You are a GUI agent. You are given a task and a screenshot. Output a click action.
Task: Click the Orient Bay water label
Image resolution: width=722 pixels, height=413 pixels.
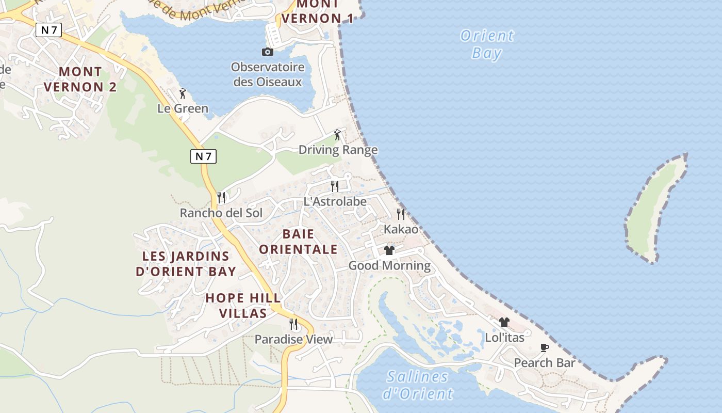[487, 44]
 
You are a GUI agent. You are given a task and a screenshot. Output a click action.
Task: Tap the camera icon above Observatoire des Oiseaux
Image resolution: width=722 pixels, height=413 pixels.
[267, 52]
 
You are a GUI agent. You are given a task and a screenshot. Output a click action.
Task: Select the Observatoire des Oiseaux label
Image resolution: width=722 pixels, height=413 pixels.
[267, 74]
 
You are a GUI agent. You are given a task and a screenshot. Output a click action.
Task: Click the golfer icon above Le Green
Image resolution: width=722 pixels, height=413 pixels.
[182, 93]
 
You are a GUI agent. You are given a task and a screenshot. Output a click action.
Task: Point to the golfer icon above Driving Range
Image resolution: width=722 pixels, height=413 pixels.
[337, 135]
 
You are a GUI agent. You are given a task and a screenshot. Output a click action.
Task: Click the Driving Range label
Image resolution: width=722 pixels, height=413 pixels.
[338, 150]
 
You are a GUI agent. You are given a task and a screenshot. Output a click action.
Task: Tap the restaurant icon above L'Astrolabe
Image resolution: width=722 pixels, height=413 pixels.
[335, 186]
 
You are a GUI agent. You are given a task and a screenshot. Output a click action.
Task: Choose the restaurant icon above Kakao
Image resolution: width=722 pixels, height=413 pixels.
[400, 214]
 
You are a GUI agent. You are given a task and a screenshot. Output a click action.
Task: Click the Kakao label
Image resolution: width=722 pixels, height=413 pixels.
[401, 229]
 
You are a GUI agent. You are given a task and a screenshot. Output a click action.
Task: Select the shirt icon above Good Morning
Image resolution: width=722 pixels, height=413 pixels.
[389, 250]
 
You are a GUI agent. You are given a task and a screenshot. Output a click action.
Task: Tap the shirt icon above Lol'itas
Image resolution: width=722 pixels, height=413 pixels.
[504, 322]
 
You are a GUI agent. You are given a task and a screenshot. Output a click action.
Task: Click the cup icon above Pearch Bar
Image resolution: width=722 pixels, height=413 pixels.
[544, 347]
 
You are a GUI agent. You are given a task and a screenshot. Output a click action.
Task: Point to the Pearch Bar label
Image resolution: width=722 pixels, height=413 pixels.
[544, 363]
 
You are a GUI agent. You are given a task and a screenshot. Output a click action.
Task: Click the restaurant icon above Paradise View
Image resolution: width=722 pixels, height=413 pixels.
[293, 324]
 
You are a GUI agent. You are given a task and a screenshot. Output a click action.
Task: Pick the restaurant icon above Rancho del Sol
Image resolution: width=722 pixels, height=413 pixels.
[221, 197]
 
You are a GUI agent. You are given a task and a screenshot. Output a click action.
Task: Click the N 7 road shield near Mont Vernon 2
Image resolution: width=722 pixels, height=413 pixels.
[48, 30]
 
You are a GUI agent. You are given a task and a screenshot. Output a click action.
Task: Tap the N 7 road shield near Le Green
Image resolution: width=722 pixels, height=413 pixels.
[203, 156]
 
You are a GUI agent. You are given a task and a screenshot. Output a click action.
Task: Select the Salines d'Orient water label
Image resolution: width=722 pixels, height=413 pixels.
[417, 385]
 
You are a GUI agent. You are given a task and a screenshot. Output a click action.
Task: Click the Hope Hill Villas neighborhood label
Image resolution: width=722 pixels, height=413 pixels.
[243, 306]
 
